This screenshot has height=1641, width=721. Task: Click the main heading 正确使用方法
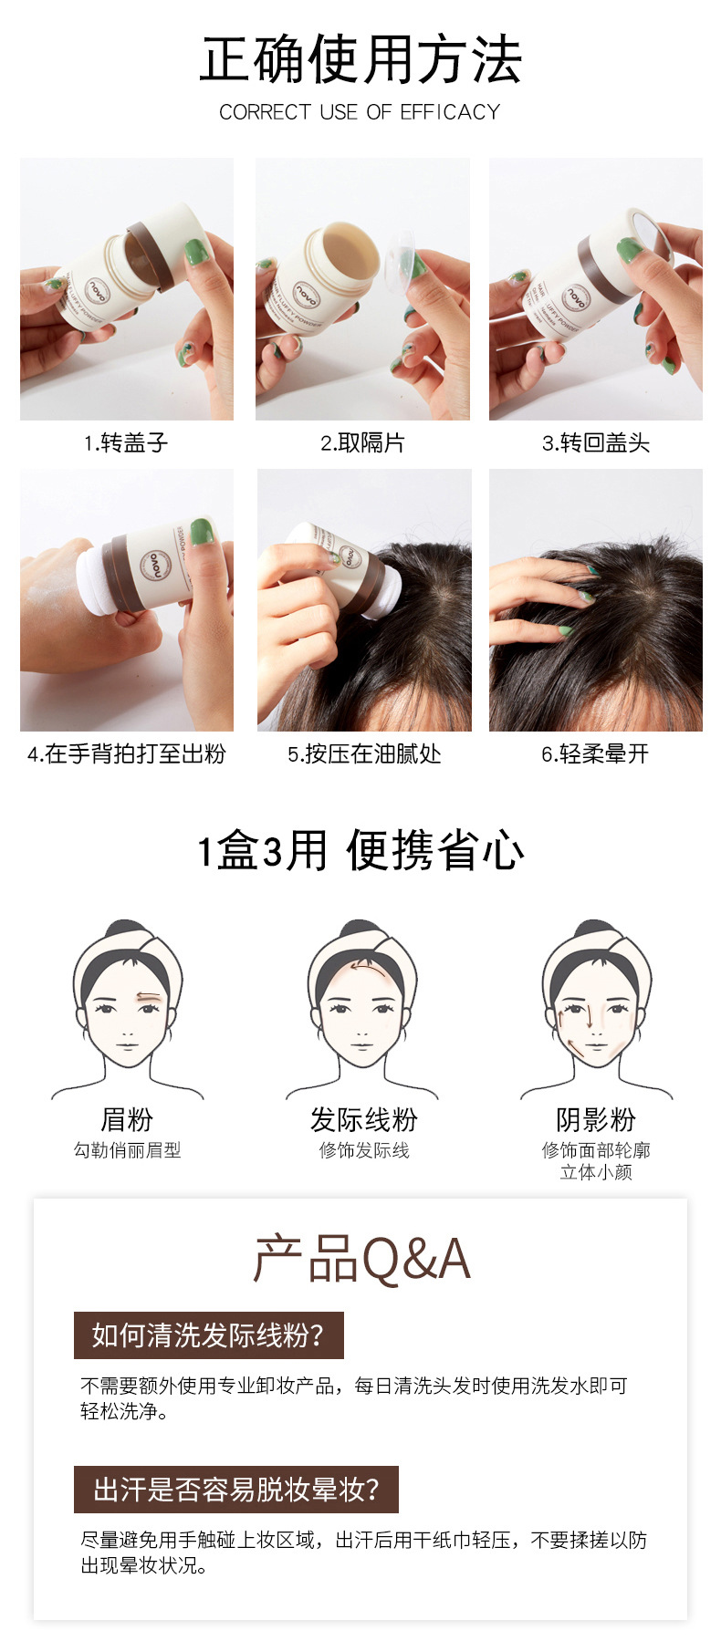360,60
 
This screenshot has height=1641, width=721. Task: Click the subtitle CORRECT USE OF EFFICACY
360,112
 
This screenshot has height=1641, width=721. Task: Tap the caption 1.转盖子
126,443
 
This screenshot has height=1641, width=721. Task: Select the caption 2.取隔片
362,443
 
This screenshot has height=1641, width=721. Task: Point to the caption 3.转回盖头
596,443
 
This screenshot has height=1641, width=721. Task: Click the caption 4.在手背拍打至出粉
126,754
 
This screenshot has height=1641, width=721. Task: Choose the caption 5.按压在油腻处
364,754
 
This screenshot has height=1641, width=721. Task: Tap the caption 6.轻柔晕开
595,754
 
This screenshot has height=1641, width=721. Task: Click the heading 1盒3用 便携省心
360,851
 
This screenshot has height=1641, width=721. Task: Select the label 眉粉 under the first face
127,1119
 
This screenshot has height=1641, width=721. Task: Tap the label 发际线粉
363,1119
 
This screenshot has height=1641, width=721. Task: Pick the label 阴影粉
596,1119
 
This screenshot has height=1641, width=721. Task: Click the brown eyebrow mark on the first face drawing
147,996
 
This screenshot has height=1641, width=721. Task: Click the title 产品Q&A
361,1260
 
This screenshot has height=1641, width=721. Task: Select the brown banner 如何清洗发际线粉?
209,1335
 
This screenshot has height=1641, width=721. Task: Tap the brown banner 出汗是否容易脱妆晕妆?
236,1490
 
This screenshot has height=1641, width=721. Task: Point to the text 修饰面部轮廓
596,1150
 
